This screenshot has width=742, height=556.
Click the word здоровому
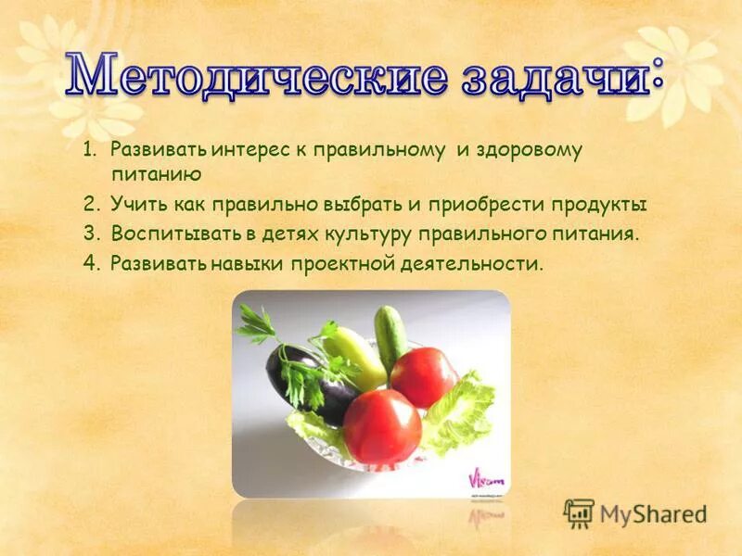pyautogui.click(x=530, y=150)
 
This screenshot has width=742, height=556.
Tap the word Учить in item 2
pyautogui.click(x=135, y=205)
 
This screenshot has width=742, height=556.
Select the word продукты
pyautogui.click(x=601, y=205)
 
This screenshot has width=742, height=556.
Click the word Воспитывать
pyautogui.click(x=168, y=233)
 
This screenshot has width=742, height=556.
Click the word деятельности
pyautogui.click(x=473, y=263)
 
